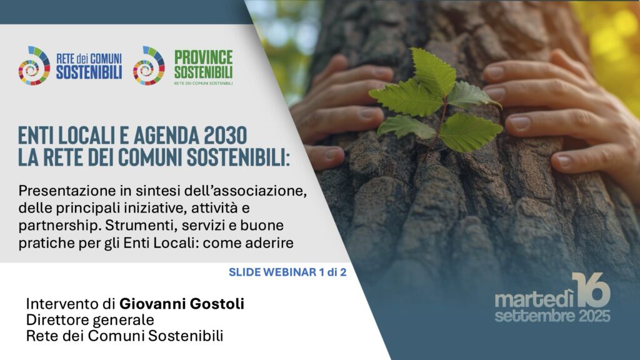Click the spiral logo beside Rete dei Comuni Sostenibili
[34, 66]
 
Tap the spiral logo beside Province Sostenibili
[149, 66]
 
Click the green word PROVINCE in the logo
[203, 57]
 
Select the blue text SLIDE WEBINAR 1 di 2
[287, 272]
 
